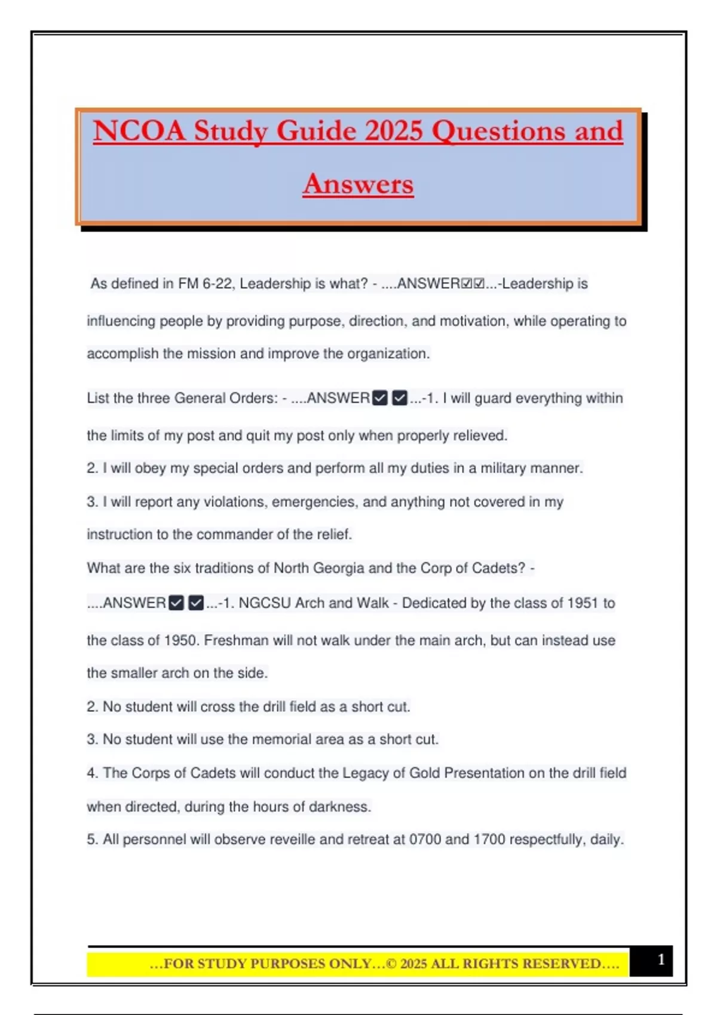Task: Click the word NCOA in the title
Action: pos(139,131)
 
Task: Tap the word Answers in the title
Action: pos(358,183)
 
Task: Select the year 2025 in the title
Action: pos(394,131)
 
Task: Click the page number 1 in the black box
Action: pos(661,959)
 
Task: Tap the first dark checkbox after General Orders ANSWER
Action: pos(380,398)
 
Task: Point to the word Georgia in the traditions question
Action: pos(338,568)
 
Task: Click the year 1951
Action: pos(583,603)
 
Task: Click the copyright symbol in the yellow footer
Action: pos(391,964)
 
